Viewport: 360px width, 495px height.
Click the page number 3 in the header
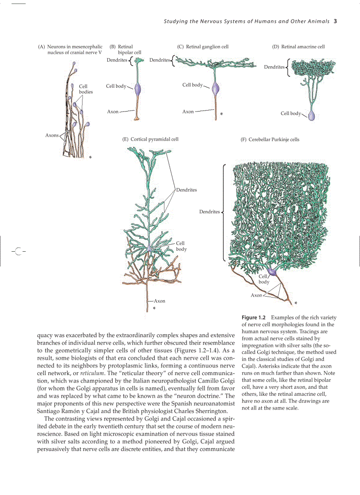click(335, 21)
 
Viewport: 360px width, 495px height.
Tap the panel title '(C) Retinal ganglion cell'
click(203, 47)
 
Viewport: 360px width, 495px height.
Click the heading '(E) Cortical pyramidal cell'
click(150, 139)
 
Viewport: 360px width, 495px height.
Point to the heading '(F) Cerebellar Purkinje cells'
click(270, 139)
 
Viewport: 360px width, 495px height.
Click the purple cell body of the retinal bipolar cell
click(138, 88)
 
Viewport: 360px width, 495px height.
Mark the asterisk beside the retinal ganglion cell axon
click(221, 114)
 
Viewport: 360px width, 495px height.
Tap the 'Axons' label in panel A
click(52, 135)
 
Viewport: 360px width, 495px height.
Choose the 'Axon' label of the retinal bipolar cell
click(113, 112)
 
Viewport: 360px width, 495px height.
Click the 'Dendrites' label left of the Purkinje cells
click(209, 212)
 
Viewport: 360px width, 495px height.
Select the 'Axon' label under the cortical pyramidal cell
click(159, 301)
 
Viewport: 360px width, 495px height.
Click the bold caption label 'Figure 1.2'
click(254, 318)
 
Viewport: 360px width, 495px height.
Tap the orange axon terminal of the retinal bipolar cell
click(138, 118)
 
